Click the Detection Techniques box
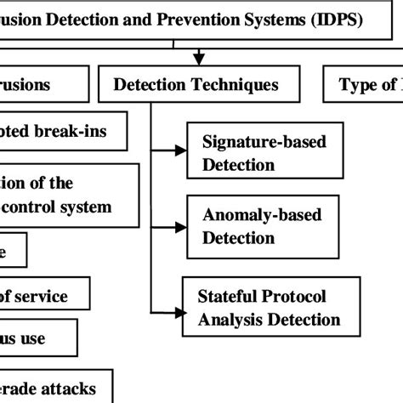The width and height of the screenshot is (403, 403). pyautogui.click(x=196, y=85)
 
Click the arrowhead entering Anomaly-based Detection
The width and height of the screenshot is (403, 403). pyautogui.click(x=179, y=226)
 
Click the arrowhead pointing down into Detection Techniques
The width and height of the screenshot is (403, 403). pyautogui.click(x=198, y=60)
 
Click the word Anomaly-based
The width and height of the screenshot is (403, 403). pyautogui.click(x=262, y=215)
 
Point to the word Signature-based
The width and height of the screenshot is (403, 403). pyautogui.click(x=264, y=142)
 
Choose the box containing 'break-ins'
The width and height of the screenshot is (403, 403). pyautogui.click(x=64, y=133)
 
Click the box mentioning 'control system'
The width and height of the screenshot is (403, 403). pyautogui.click(x=68, y=195)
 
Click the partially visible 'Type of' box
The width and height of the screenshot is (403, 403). pyautogui.click(x=366, y=85)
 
